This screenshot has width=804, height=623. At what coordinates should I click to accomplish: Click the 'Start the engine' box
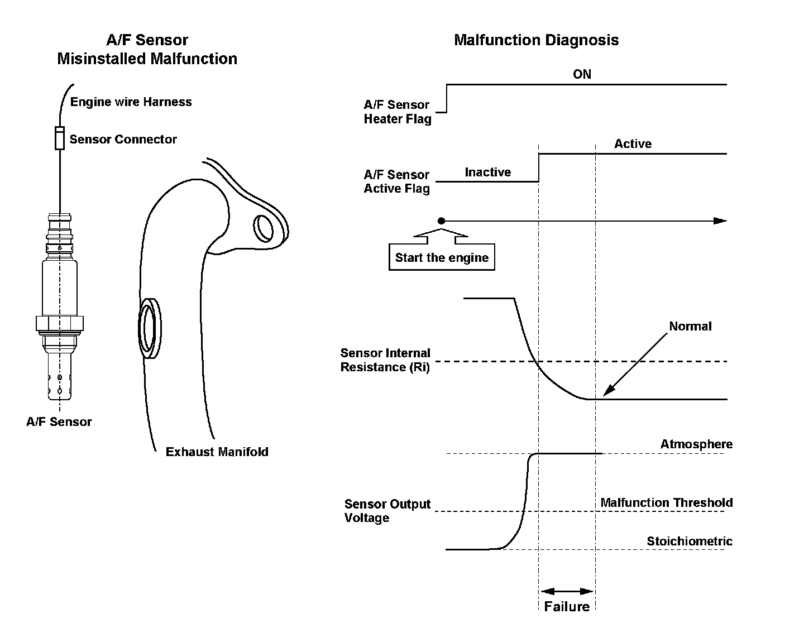pos(442,257)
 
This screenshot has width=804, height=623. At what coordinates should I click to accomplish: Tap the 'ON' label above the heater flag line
pos(582,74)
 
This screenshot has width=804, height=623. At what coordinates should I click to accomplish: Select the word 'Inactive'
pos(487,172)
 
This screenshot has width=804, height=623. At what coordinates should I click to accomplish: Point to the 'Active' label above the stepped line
pos(633,144)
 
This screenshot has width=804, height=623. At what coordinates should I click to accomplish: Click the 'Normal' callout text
pos(690,327)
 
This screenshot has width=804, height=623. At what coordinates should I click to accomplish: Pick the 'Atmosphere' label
pos(696,444)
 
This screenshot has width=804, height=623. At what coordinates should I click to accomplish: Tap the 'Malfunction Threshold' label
pos(666,503)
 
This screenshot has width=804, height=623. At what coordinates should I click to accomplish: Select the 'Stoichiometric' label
pos(690,541)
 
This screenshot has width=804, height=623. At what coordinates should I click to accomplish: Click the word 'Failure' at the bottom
pos(567,607)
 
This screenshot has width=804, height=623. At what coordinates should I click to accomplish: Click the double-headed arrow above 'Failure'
pos(567,591)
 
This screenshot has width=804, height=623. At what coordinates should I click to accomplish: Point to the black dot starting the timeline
pos(442,221)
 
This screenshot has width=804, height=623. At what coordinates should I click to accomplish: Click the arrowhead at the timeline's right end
pos(721,221)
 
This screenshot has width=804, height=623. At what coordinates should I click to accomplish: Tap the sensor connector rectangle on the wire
pos(60,138)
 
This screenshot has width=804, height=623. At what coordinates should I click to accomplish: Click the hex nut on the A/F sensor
pos(59,323)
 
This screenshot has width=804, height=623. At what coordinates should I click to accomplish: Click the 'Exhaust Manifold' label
pos(217,452)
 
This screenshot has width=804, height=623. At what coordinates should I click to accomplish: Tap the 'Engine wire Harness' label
pos(131,102)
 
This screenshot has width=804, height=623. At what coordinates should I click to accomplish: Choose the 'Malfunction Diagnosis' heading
pos(536,40)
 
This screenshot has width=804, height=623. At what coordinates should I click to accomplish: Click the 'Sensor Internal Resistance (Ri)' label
pos(385,360)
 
